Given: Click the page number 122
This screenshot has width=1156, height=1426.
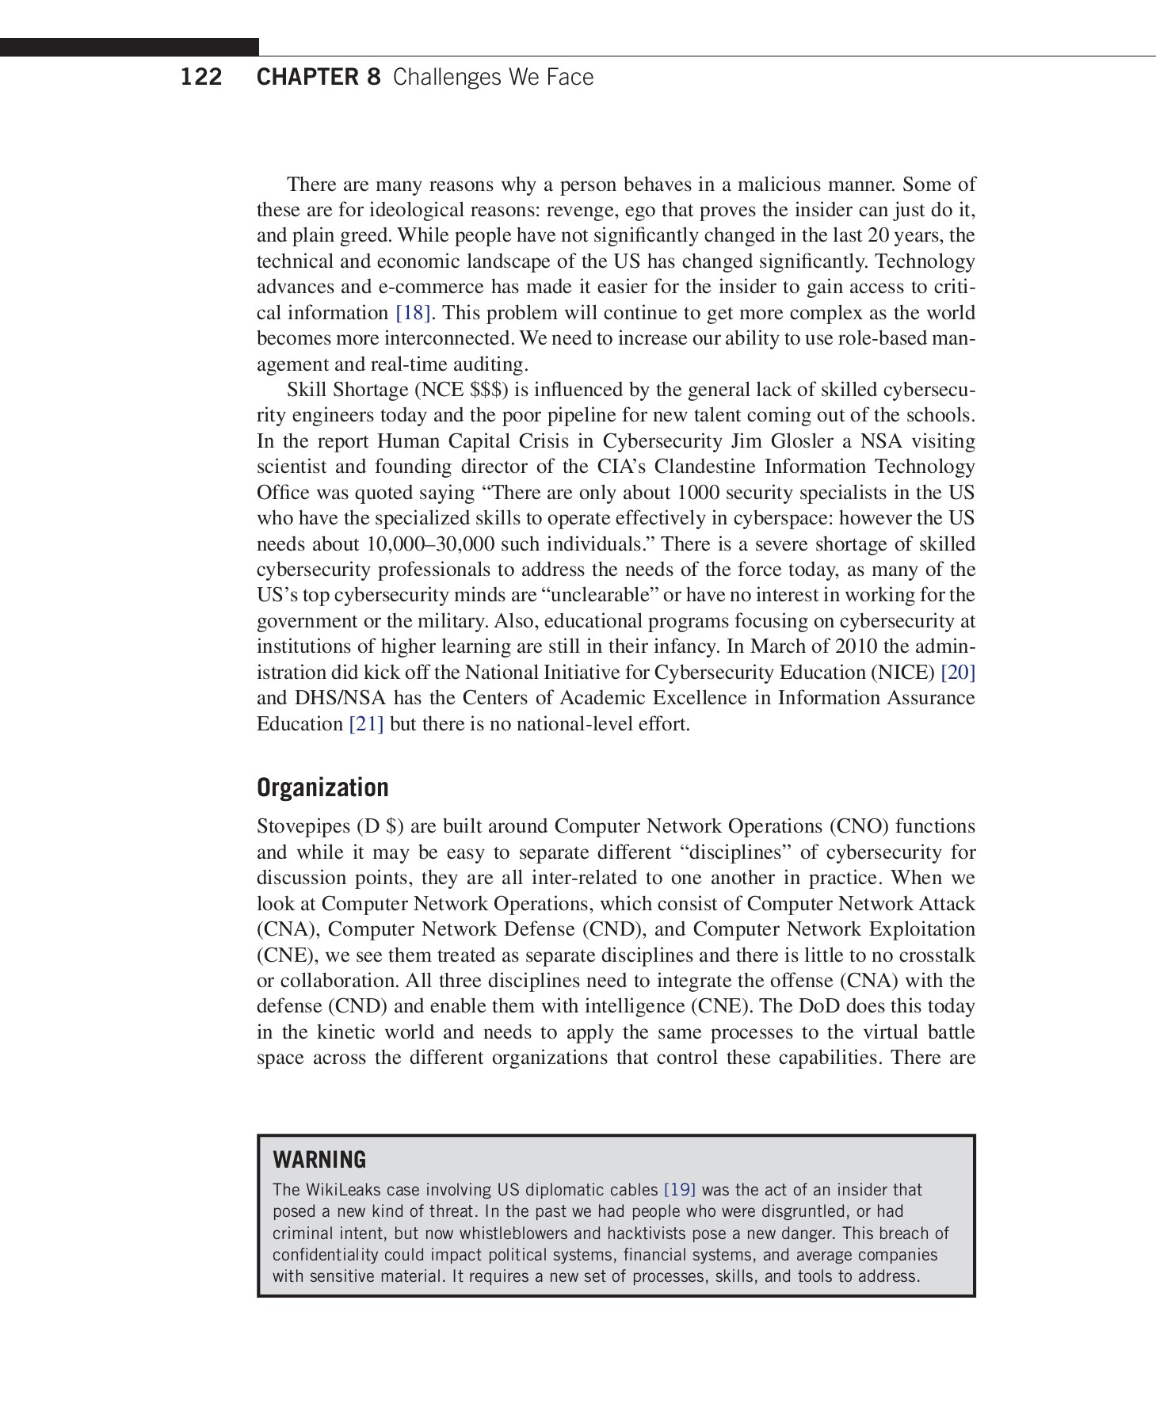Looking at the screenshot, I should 201,78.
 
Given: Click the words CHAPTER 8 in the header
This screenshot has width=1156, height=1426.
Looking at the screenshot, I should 319,78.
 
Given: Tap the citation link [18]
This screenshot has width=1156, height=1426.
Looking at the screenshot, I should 412,313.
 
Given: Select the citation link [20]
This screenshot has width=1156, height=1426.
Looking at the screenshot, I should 957,673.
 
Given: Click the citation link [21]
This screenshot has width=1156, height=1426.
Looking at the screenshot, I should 366,724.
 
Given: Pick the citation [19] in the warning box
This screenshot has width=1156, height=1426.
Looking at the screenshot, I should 679,1190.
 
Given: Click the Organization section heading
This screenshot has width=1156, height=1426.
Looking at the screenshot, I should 322,787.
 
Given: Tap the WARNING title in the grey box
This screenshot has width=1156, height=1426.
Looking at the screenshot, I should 319,1160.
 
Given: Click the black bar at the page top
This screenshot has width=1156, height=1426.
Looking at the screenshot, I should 129,47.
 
